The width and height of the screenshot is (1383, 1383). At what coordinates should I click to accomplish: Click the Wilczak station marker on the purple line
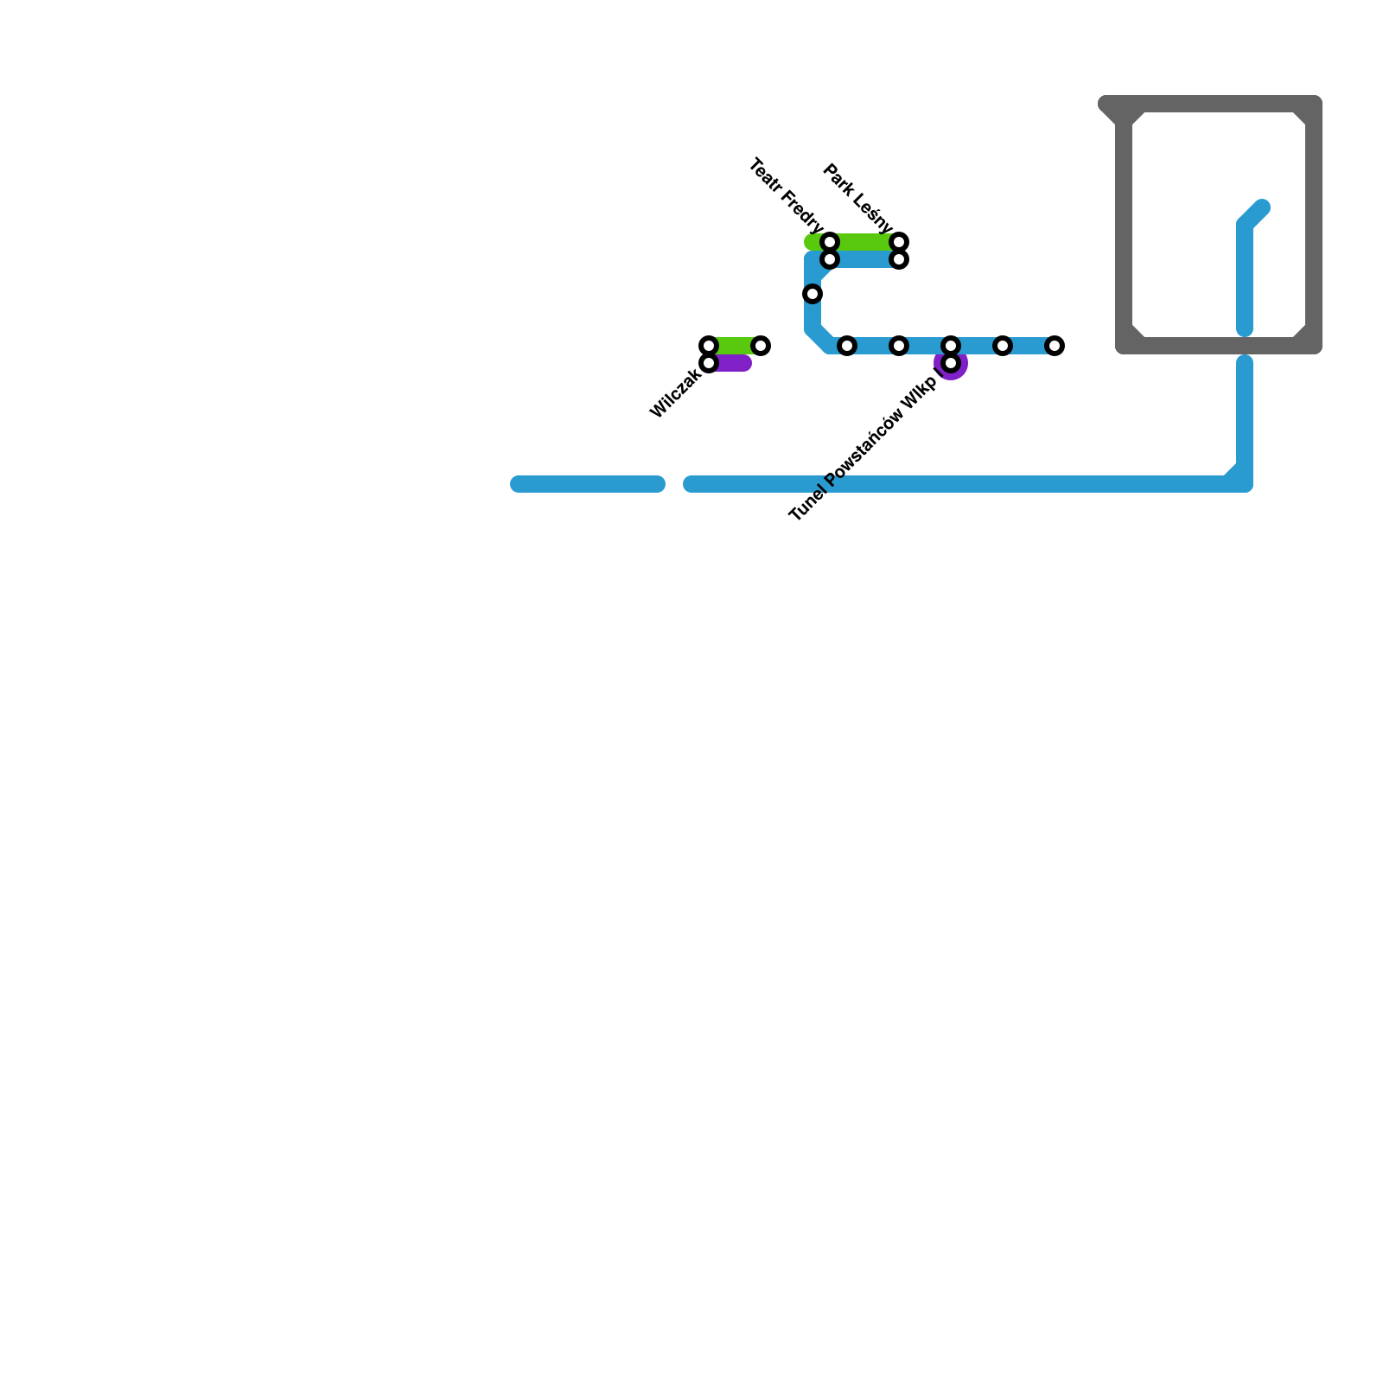[709, 364]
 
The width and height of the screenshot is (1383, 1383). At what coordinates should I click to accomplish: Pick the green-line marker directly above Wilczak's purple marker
[709, 346]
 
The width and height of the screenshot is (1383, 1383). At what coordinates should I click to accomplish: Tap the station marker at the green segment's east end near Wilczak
[761, 346]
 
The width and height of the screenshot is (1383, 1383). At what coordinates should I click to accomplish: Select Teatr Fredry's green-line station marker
[830, 241]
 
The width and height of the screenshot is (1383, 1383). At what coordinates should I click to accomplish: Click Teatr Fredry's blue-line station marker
[830, 259]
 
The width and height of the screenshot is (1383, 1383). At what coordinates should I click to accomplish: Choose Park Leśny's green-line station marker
[899, 241]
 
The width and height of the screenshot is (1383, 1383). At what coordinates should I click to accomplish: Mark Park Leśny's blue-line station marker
[899, 259]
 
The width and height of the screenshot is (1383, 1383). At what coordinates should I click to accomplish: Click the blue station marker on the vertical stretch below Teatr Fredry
[813, 294]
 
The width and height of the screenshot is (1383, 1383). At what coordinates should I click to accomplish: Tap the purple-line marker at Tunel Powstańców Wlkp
[951, 363]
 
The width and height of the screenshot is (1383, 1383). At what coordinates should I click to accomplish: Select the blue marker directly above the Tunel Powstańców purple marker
[951, 346]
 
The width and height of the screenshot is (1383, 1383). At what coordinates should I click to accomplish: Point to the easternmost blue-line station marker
[1055, 346]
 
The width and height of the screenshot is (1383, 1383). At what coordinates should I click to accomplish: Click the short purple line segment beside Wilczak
[733, 364]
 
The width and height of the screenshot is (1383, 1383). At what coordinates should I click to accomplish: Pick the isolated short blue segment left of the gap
[588, 484]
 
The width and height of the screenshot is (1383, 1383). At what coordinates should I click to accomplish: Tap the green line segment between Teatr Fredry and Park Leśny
[864, 241]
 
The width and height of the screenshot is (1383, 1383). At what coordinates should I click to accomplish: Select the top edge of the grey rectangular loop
[1219, 104]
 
